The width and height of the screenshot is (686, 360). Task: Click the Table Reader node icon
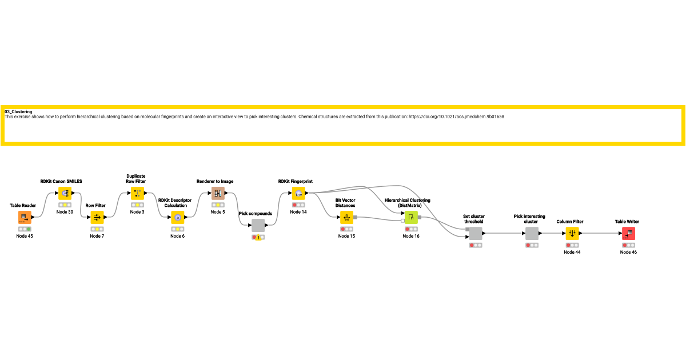(x=25, y=217)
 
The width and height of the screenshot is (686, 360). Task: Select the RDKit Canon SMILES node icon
(x=65, y=193)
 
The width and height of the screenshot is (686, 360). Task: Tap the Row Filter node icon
(x=97, y=217)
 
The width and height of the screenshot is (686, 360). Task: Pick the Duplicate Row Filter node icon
(x=137, y=193)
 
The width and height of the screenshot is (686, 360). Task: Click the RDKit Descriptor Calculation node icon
(x=177, y=217)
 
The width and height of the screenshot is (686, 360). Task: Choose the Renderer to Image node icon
(x=218, y=193)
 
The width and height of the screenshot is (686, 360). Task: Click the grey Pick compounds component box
(x=258, y=225)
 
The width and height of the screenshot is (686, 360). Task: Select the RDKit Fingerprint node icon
(x=298, y=193)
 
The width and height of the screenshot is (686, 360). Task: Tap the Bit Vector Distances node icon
(x=346, y=217)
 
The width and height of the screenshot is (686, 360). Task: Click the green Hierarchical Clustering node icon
(x=411, y=217)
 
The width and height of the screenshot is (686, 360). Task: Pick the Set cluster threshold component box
(x=476, y=233)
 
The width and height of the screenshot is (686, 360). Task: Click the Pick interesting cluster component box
(x=532, y=233)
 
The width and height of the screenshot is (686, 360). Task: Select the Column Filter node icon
(x=572, y=233)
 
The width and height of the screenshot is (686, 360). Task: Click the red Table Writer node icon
(x=628, y=233)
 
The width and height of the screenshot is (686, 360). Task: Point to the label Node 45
(x=25, y=236)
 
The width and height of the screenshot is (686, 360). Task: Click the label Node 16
(x=411, y=236)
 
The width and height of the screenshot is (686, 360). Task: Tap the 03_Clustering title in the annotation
(x=18, y=111)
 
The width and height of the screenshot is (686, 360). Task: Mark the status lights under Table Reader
(x=25, y=229)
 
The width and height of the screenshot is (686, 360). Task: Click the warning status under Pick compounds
(x=258, y=237)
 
